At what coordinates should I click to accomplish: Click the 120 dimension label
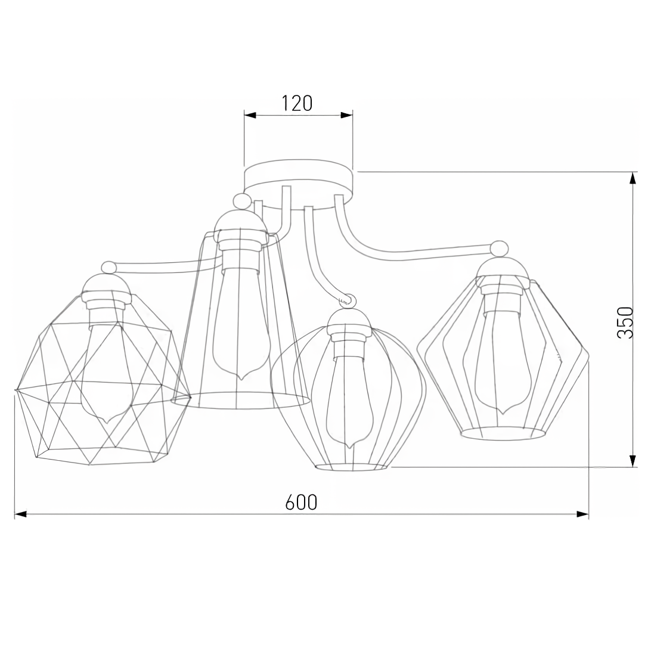point(297,103)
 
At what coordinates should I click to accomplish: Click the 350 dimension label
point(624,323)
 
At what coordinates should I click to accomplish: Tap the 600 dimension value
point(301,503)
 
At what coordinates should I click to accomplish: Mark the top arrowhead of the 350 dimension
point(633,178)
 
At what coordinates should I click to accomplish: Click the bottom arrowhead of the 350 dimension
point(633,460)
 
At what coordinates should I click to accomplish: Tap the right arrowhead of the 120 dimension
point(346,114)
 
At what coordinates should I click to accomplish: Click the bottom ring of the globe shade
point(351,467)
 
